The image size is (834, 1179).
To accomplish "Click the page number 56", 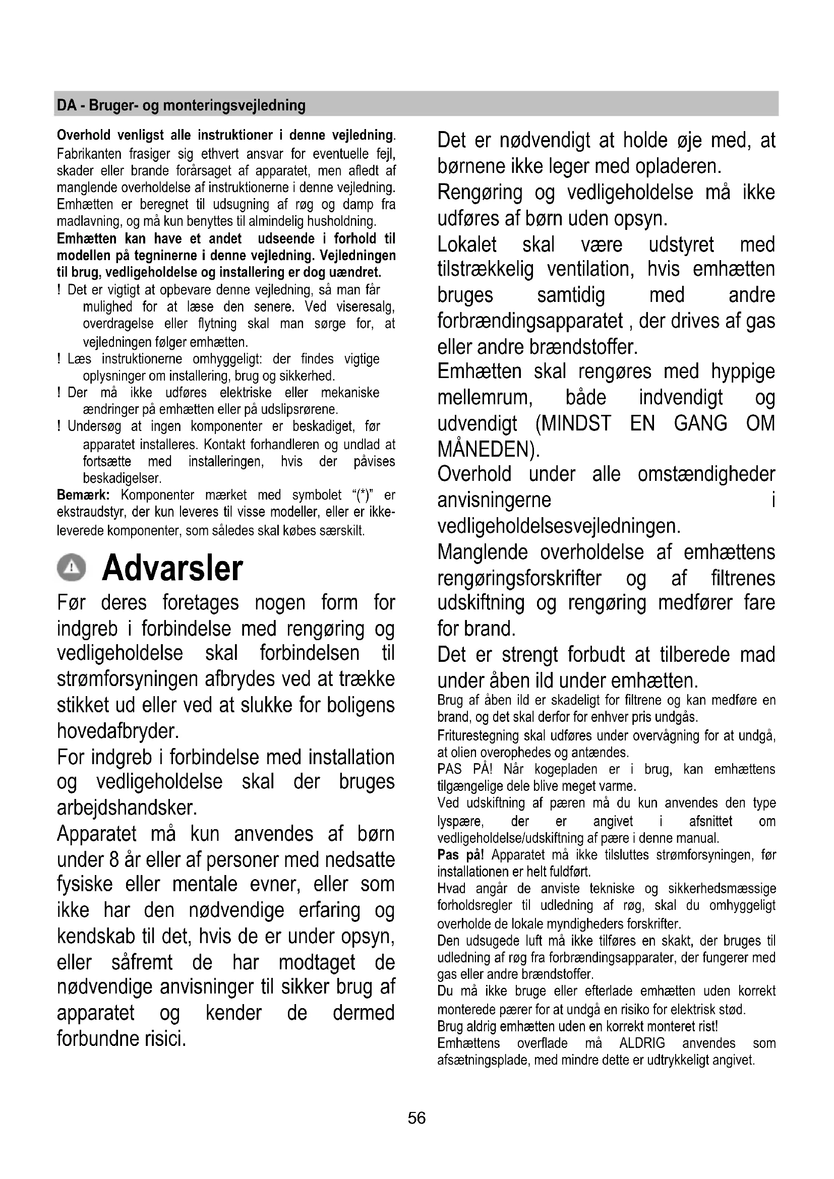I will pos(416,1118).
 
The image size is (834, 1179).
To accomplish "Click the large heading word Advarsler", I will pos(172,569).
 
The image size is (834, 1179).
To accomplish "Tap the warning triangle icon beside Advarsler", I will pos(72,568).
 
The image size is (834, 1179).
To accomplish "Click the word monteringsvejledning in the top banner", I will pos(233,105).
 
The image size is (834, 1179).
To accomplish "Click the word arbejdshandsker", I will pos(127,808).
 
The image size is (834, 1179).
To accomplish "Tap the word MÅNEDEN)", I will pos(489,449).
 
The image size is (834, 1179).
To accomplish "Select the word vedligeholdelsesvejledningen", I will pos(559,526).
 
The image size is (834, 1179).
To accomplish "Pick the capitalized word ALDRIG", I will pos(642,1043).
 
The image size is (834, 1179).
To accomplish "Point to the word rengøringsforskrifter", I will pos(519,578).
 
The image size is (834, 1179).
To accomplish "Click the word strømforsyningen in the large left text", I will pos(128,679).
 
